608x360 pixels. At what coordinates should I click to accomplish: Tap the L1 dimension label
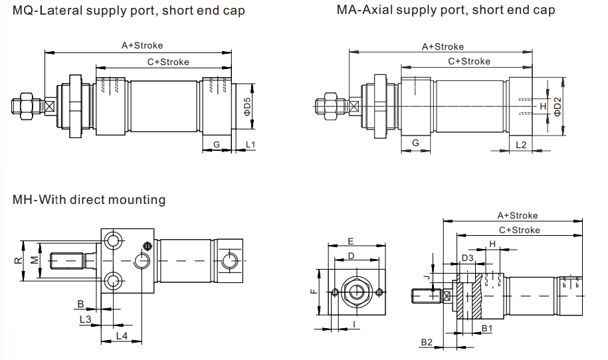click(x=250, y=144)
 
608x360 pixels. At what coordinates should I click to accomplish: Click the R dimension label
click(x=17, y=260)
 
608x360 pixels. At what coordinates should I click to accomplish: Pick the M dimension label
click(x=33, y=260)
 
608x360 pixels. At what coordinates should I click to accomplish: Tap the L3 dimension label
click(x=85, y=319)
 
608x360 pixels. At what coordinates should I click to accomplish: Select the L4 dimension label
click(x=122, y=336)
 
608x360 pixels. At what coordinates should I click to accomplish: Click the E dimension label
click(x=351, y=241)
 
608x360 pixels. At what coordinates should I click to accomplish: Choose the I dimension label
click(x=354, y=323)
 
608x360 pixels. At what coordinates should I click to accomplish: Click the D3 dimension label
click(x=468, y=258)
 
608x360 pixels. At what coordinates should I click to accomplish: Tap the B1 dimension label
click(x=486, y=328)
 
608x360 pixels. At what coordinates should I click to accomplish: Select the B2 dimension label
click(x=427, y=342)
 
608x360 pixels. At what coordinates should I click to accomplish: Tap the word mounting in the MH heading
click(x=140, y=199)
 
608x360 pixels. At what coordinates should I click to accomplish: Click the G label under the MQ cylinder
click(x=217, y=144)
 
